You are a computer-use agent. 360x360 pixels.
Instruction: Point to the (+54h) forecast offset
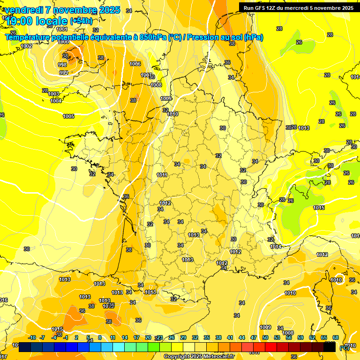click(x=81, y=21)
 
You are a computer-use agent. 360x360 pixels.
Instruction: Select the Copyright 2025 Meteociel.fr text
click(x=199, y=356)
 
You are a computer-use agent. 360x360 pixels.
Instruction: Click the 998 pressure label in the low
click(x=62, y=65)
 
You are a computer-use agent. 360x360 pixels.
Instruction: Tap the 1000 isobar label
click(x=63, y=42)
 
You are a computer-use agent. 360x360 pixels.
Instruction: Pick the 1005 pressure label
click(x=68, y=116)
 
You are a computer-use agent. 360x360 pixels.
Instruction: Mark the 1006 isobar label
click(x=135, y=64)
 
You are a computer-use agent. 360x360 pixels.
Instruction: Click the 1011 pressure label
click(x=162, y=175)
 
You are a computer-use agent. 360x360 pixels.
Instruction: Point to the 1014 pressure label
click(x=276, y=247)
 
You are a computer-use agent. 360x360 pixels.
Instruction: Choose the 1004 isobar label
click(x=56, y=101)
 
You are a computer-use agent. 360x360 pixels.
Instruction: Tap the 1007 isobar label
click(x=146, y=75)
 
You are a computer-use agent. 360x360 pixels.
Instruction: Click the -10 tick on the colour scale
click(x=32, y=337)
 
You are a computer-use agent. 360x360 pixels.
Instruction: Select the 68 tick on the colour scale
click(x=336, y=337)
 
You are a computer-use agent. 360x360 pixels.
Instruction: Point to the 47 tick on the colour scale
click(x=254, y=337)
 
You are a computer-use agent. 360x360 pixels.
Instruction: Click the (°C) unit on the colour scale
click(x=344, y=347)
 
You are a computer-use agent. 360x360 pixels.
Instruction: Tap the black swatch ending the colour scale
click(x=330, y=347)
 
